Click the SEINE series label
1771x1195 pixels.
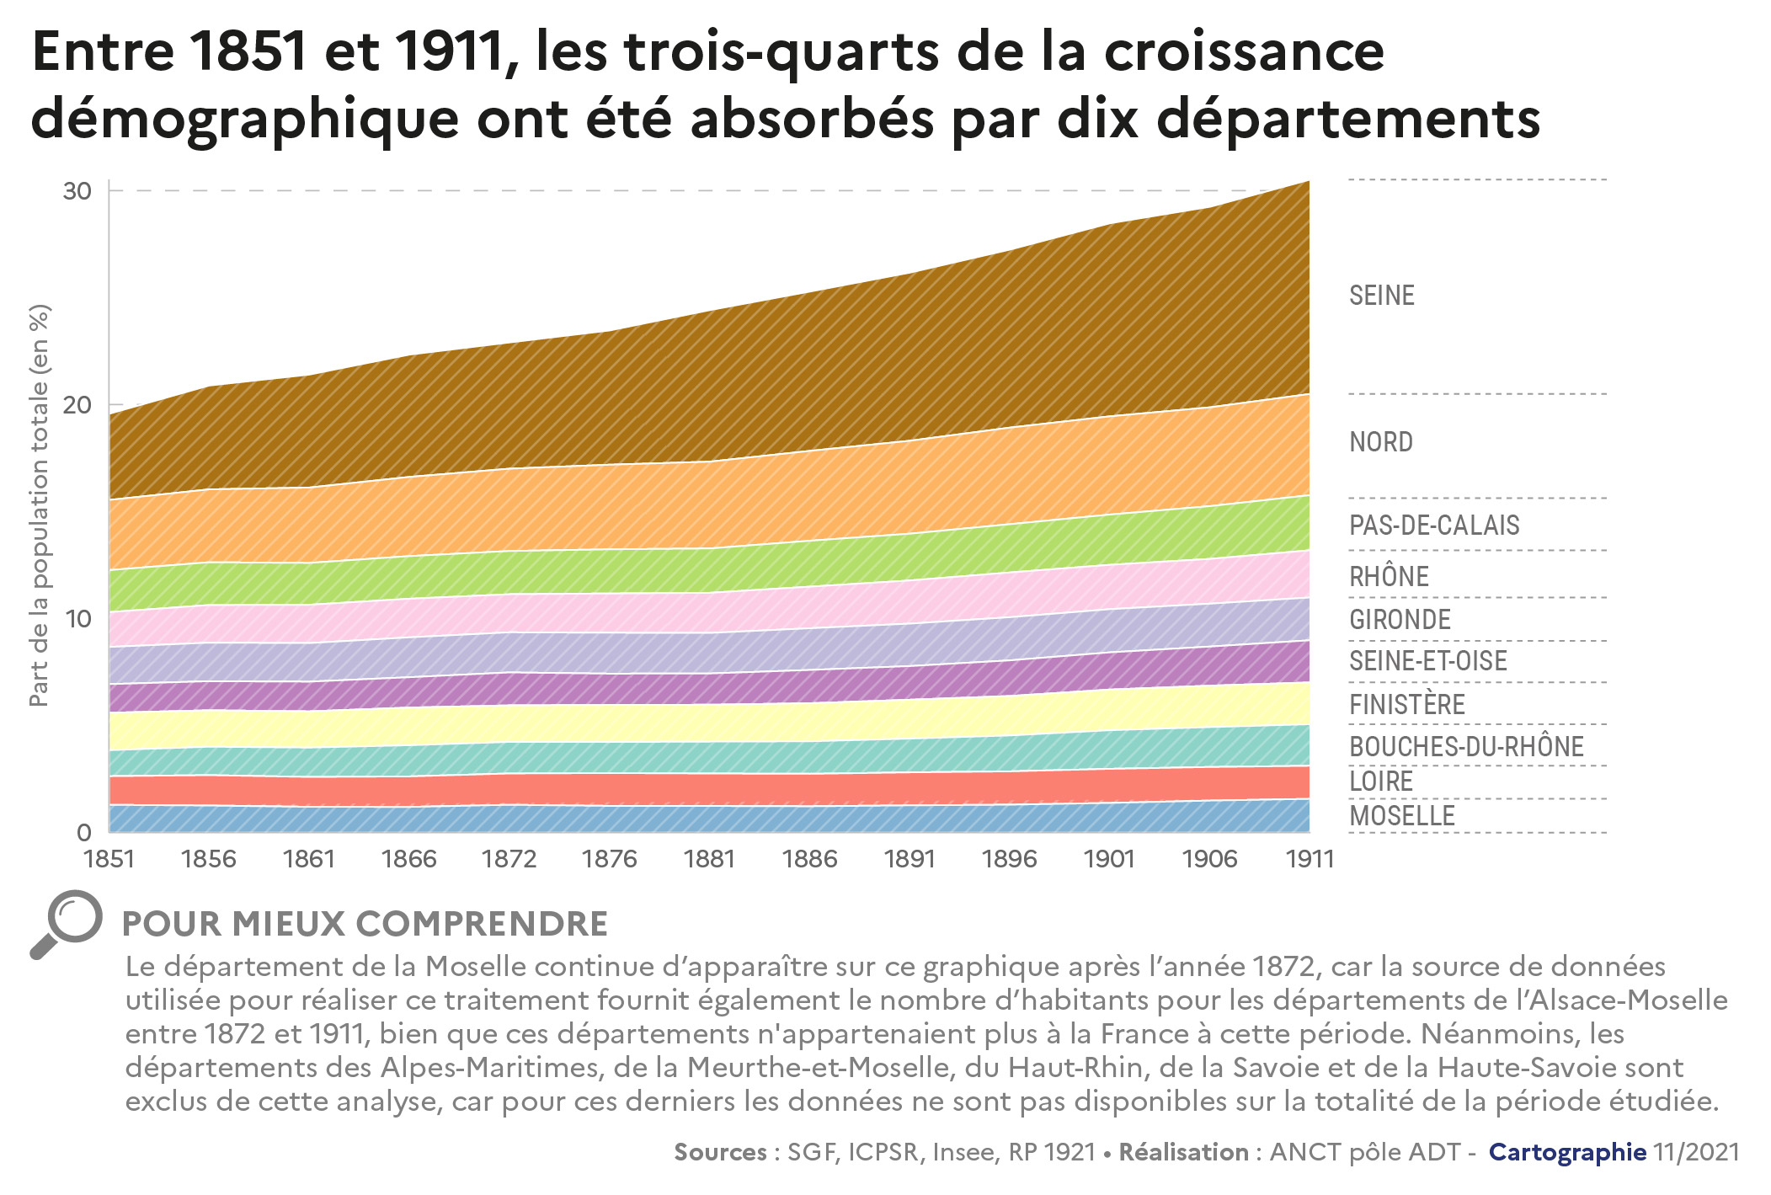[x=1381, y=296]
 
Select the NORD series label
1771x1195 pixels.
[x=1380, y=442]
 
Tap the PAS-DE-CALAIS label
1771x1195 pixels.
[x=1433, y=525]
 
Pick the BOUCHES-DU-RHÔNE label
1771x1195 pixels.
[x=1465, y=747]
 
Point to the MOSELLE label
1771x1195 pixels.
[x=1401, y=816]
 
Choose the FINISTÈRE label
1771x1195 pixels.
[x=1406, y=705]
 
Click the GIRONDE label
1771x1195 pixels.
[x=1400, y=620]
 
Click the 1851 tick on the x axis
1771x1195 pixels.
[x=109, y=859]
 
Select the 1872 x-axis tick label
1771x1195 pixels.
[x=509, y=859]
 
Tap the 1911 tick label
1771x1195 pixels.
[x=1310, y=859]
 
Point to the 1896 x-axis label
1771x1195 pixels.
[x=1009, y=859]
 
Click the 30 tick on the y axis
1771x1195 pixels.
[x=77, y=191]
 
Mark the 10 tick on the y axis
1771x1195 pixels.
[x=77, y=619]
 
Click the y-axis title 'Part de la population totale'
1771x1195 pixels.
[x=40, y=505]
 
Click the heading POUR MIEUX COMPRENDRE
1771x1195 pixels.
[x=365, y=924]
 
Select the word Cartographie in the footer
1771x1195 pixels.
[x=1567, y=1152]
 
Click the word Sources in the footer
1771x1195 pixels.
[x=720, y=1152]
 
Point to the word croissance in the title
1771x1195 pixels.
[x=1244, y=52]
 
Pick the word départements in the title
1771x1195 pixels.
[x=1348, y=120]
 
